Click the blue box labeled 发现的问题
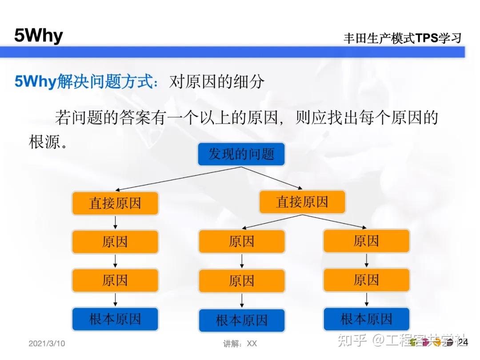(241, 154)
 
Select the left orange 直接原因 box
(115, 203)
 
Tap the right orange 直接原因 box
(302, 202)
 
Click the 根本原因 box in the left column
(115, 319)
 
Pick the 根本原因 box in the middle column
(241, 320)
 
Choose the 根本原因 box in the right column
(366, 319)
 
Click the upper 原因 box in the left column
(115, 242)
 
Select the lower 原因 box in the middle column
(241, 281)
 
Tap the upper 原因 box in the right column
(366, 241)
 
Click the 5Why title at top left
(39, 35)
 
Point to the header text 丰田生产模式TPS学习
(402, 38)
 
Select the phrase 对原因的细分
(216, 82)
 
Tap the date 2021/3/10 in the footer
(47, 344)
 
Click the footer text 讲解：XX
(240, 344)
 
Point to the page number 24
(463, 342)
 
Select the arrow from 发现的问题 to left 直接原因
(178, 179)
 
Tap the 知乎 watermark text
(352, 341)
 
